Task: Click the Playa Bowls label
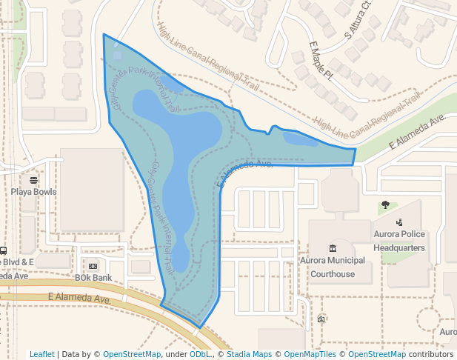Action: [x=34, y=192]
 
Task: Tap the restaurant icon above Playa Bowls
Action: [x=33, y=180]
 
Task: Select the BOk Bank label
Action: [x=93, y=278]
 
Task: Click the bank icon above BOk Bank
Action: [x=93, y=266]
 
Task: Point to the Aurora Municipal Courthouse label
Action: [x=333, y=267]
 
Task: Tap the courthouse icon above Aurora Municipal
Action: [x=332, y=248]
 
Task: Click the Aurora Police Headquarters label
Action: [x=399, y=241]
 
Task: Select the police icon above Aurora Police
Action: [x=399, y=221]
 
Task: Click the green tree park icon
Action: [x=385, y=204]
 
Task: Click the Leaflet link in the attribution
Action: [x=42, y=354]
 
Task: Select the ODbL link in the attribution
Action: [x=199, y=354]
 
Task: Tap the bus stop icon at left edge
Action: [x=4, y=250]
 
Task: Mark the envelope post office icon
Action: [x=321, y=319]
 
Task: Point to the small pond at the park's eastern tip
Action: [x=300, y=138]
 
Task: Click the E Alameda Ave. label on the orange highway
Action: [x=79, y=299]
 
